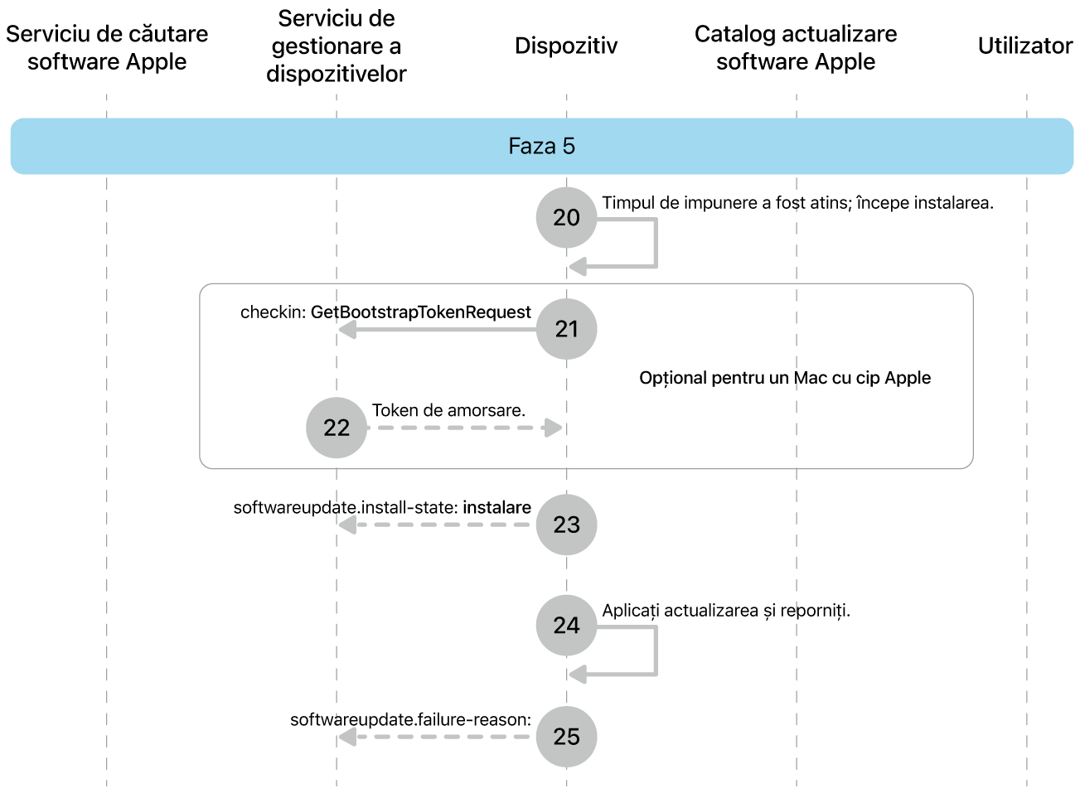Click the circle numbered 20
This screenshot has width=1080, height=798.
click(566, 217)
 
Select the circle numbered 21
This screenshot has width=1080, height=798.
click(566, 329)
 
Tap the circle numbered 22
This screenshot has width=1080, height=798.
click(336, 428)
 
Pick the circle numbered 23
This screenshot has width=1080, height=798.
click(566, 525)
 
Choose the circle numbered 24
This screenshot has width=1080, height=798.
click(566, 625)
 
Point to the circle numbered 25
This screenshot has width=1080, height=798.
click(566, 737)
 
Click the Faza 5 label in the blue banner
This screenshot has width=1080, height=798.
click(541, 146)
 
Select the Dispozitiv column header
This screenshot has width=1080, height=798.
click(566, 46)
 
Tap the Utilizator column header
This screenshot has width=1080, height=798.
click(1025, 46)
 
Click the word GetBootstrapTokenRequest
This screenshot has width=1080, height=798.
click(421, 312)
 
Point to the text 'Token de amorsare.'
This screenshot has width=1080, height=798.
click(448, 410)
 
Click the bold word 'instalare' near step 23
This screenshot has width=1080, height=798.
click(496, 507)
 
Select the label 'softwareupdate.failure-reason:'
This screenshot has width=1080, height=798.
click(410, 719)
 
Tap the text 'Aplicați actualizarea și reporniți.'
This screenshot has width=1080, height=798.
click(725, 611)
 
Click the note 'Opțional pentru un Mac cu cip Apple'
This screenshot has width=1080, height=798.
click(785, 378)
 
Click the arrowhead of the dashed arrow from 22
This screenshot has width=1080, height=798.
click(554, 428)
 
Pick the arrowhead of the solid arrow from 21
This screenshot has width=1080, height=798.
click(347, 329)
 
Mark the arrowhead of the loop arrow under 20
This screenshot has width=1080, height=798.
click(578, 266)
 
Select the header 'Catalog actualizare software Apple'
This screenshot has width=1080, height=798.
click(796, 48)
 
